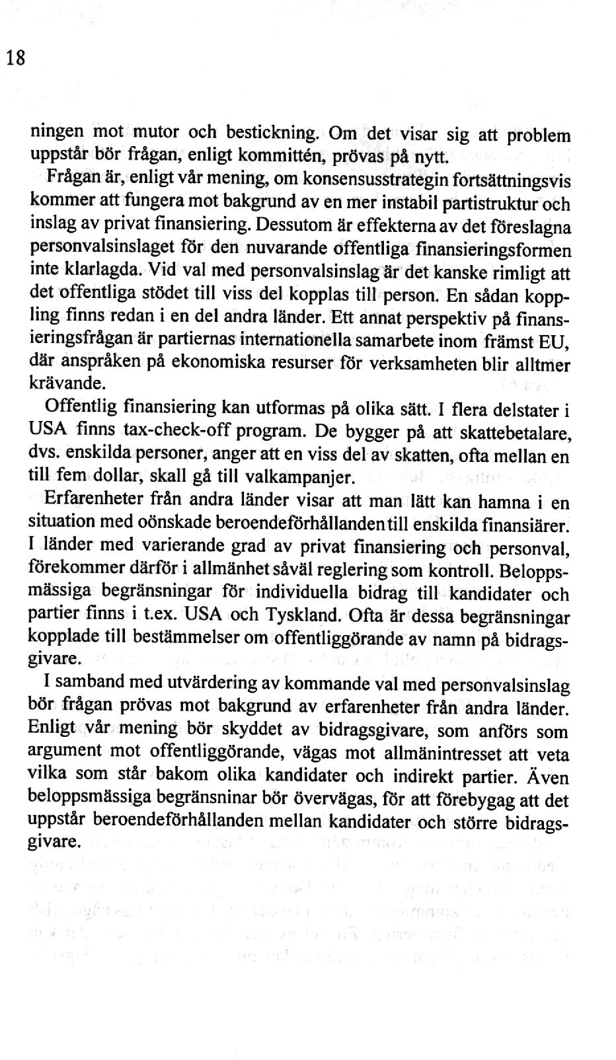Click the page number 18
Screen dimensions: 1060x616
[16, 58]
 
